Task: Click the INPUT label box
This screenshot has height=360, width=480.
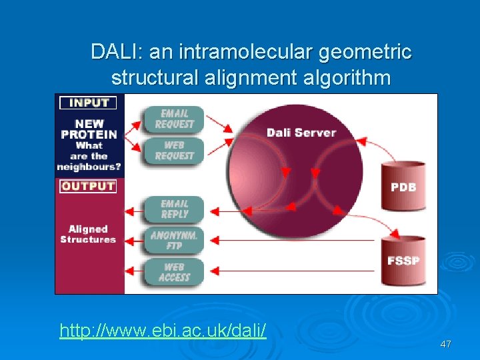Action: (x=88, y=103)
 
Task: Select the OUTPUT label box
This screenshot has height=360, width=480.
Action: (x=88, y=186)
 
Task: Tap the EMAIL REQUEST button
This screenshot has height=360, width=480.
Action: (x=173, y=119)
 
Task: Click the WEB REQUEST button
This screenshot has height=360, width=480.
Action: (x=173, y=150)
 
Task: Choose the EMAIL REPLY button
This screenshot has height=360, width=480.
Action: (x=173, y=209)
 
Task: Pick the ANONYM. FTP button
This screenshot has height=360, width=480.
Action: (x=173, y=240)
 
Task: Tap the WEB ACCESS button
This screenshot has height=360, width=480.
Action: (x=173, y=272)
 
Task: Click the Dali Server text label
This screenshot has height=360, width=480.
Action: (x=301, y=132)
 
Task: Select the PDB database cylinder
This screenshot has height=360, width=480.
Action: (x=403, y=185)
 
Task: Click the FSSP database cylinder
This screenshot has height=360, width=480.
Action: (x=403, y=259)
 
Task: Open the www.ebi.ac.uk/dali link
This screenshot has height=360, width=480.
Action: (x=163, y=330)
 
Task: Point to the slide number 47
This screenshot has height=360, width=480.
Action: (x=445, y=344)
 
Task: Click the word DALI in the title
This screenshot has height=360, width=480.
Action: (x=113, y=51)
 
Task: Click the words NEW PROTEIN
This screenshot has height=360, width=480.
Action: (x=88, y=129)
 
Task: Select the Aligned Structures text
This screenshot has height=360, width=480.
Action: (x=88, y=234)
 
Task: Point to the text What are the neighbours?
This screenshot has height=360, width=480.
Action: (x=88, y=156)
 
